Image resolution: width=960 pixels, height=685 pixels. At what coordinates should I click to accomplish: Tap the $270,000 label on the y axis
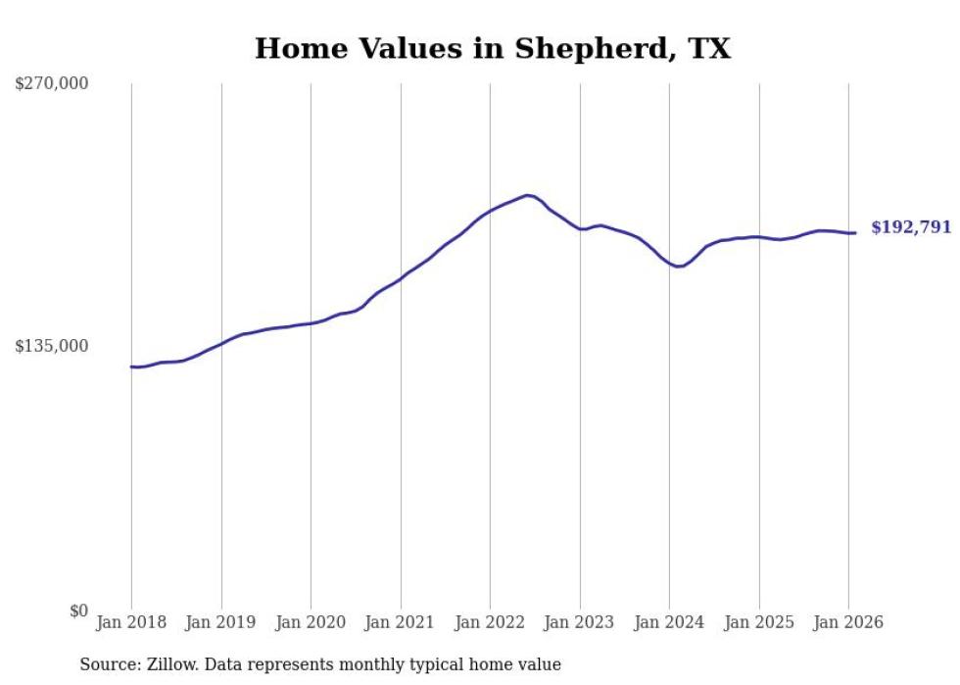coord(52,83)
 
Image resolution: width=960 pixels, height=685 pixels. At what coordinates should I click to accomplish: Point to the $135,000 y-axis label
coord(52,346)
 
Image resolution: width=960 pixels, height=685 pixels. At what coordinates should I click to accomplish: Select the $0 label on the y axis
coord(78,611)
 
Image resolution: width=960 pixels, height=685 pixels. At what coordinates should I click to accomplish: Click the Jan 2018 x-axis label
coord(131,622)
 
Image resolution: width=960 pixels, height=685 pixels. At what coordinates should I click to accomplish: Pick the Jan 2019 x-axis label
coord(221,622)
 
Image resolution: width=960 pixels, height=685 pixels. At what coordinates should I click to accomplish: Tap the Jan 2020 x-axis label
coord(311,622)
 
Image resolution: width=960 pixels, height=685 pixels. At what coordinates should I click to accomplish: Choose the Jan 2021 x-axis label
coord(401,622)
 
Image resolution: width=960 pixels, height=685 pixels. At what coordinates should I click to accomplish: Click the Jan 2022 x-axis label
coord(490,622)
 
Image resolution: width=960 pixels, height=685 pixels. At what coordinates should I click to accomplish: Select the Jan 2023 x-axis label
coord(580,622)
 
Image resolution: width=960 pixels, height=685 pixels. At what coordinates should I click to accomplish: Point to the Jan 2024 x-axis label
coord(669,622)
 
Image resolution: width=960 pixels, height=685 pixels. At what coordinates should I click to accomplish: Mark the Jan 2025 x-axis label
coord(759,622)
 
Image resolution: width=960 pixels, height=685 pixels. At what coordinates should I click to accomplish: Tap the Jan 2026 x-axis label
coord(848,622)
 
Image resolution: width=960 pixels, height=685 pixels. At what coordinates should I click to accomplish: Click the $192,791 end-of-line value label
coord(910,227)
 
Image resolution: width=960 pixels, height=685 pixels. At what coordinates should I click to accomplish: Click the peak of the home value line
coord(528,195)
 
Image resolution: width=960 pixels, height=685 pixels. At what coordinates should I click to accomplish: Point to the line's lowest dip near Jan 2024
coord(678,267)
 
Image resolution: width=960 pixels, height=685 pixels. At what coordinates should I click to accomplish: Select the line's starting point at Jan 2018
coord(131,367)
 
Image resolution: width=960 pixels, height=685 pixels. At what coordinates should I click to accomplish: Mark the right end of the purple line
coord(855,232)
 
